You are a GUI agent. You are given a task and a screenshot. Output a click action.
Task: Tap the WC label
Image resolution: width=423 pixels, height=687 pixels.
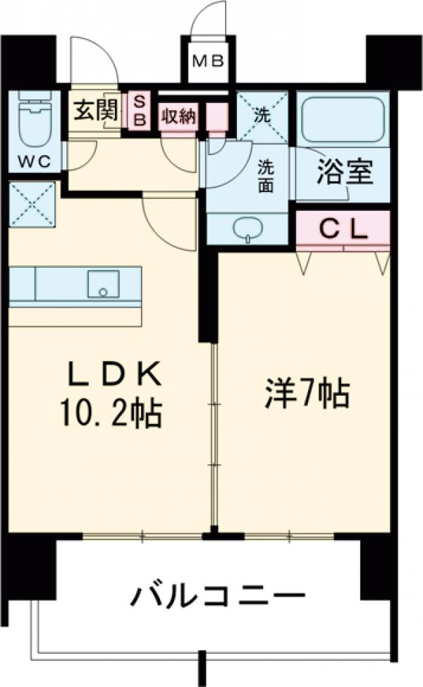click(34, 161)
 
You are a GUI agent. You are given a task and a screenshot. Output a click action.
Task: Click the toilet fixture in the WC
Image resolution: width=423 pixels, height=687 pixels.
click(33, 116)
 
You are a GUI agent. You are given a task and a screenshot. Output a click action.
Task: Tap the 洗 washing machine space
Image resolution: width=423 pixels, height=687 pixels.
click(262, 117)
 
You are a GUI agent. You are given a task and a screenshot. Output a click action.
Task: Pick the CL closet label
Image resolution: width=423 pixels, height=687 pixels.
click(343, 227)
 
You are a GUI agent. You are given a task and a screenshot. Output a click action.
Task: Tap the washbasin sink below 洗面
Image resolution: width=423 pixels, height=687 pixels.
click(247, 231)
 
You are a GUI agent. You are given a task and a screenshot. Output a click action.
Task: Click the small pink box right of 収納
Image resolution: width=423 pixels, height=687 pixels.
click(216, 115)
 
